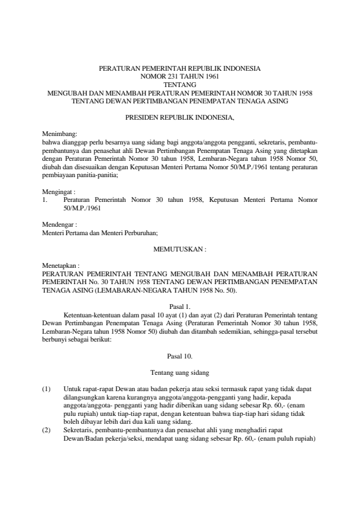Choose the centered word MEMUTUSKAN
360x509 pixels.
[180, 248]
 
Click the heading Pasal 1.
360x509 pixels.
[180, 306]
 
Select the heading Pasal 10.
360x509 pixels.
[180, 356]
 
